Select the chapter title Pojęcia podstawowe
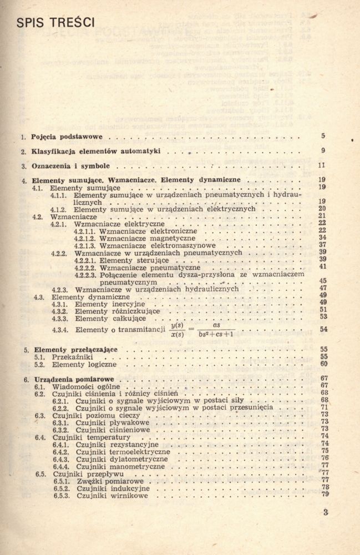click(x=71, y=137)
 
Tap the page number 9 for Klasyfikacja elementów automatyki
click(x=323, y=150)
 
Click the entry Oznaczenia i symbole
click(x=70, y=165)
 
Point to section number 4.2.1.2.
click(x=85, y=238)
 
